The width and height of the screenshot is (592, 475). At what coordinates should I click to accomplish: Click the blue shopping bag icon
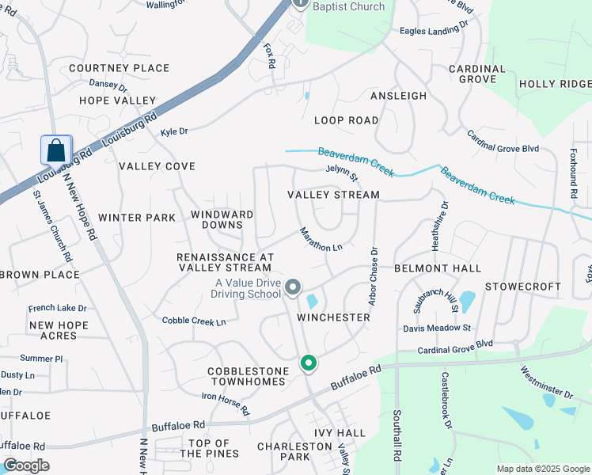tap(56, 150)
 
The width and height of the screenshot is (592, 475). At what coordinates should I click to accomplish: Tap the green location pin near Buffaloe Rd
tap(309, 363)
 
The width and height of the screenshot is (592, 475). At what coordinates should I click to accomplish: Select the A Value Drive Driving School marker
tap(293, 287)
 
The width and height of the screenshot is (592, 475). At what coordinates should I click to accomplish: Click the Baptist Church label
tap(348, 7)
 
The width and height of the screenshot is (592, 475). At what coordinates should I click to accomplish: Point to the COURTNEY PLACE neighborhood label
tap(120, 68)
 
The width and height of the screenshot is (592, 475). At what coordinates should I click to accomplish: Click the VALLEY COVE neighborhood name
tap(157, 166)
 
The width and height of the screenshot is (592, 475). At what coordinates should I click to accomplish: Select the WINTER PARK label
tap(137, 217)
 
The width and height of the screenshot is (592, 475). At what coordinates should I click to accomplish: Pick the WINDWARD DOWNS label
tap(222, 219)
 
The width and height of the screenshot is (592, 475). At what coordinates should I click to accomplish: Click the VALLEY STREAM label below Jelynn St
tap(333, 194)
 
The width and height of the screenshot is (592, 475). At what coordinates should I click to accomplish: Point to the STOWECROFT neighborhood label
tap(523, 286)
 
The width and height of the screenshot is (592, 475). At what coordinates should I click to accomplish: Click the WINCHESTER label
tap(333, 317)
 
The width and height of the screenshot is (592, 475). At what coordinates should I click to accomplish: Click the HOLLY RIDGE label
tap(555, 84)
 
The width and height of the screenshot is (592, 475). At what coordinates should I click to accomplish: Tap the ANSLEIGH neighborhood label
tap(398, 96)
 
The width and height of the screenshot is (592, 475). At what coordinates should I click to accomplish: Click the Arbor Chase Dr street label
tap(373, 276)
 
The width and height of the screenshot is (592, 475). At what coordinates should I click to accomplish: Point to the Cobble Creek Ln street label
tap(194, 321)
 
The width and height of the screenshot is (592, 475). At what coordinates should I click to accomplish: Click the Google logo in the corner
tap(26, 465)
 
